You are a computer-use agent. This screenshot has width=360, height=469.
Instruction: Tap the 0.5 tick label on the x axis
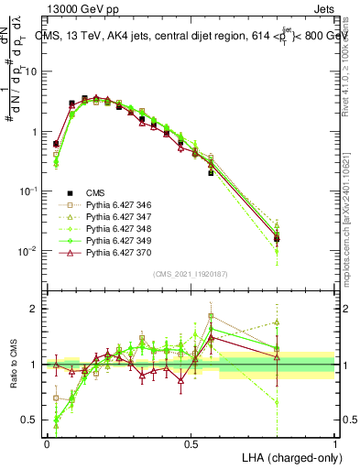191,443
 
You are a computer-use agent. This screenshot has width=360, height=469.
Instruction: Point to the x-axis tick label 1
335,443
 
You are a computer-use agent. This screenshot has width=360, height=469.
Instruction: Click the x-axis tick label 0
47,443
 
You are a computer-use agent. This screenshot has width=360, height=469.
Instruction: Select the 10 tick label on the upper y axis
30,71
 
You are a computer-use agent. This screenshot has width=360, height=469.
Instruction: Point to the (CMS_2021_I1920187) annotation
191,273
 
